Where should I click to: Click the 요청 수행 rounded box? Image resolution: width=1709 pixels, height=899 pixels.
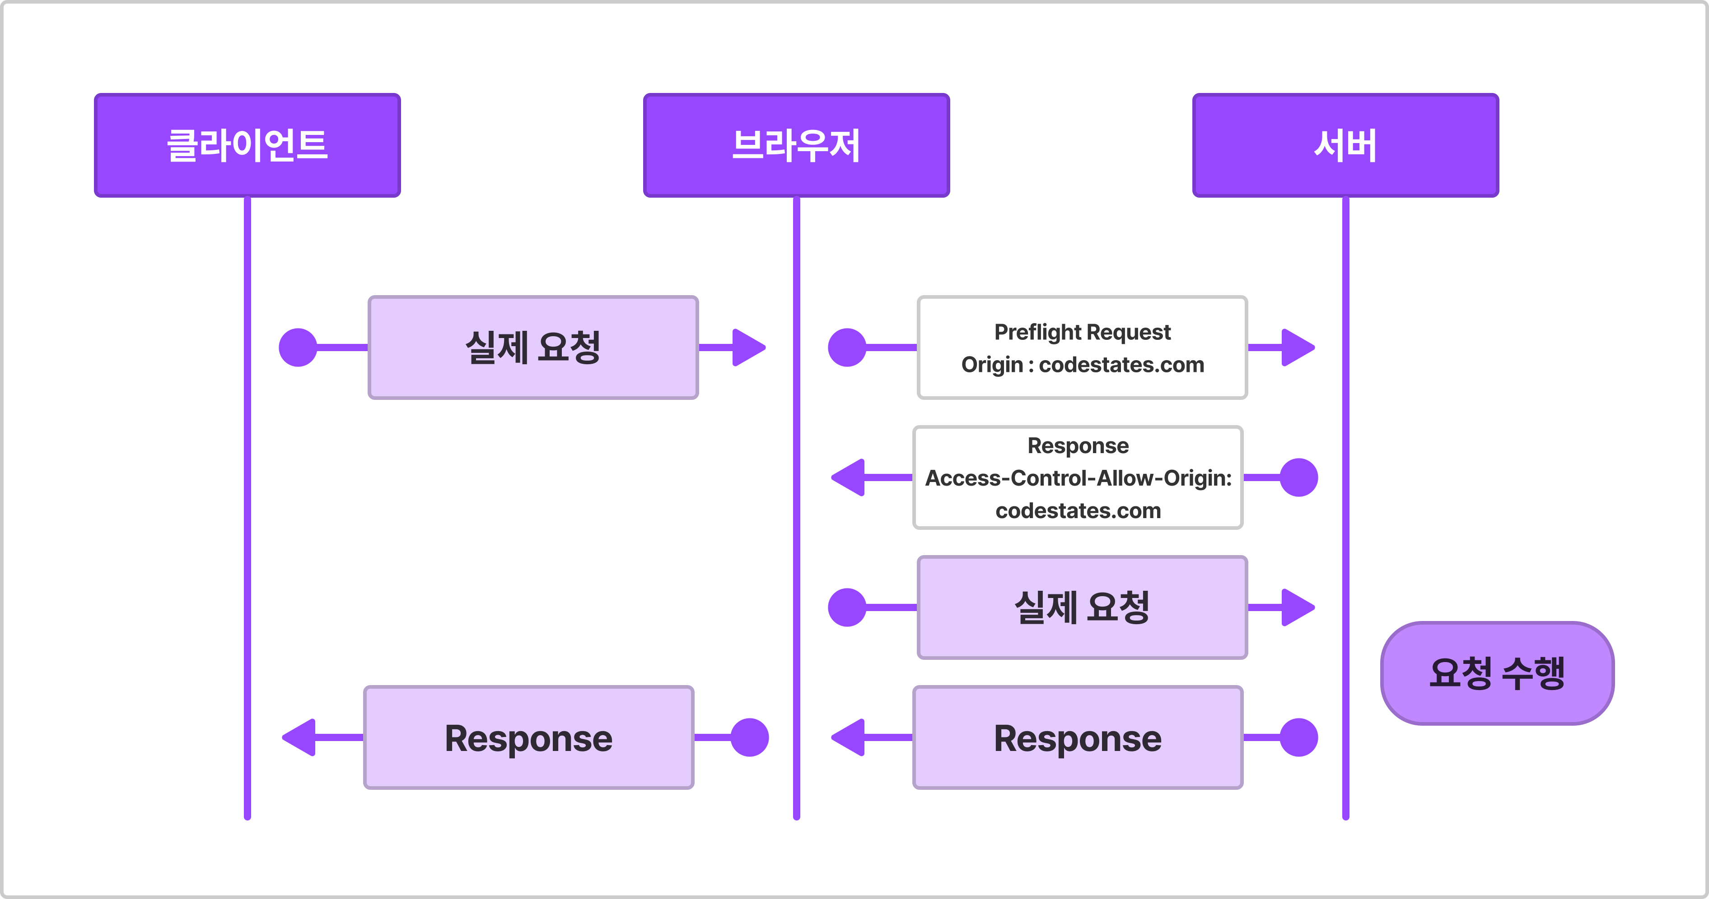click(1497, 673)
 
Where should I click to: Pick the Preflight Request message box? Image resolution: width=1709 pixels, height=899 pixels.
click(1082, 348)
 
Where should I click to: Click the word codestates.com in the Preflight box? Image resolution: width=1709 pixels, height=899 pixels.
click(1121, 365)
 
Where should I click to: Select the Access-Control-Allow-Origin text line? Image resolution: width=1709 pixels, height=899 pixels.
click(1078, 478)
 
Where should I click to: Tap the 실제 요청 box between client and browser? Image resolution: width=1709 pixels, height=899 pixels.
click(533, 348)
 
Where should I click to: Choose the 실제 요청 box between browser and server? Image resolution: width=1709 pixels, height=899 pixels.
click(1082, 607)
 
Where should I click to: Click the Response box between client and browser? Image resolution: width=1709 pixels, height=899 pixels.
click(529, 737)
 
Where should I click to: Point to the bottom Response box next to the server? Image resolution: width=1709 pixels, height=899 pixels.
click(1078, 737)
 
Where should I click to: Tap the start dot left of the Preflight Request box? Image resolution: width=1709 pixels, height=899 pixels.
click(847, 348)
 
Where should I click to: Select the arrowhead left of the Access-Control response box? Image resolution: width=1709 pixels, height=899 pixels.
click(848, 477)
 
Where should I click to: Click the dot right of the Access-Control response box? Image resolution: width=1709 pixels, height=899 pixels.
click(1298, 477)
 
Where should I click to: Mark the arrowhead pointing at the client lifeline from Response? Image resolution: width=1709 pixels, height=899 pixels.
click(299, 737)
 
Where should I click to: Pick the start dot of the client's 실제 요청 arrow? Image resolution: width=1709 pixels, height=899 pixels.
click(298, 348)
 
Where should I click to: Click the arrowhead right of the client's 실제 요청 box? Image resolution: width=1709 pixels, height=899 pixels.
click(749, 348)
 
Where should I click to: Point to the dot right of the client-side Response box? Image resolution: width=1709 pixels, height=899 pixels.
click(750, 737)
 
